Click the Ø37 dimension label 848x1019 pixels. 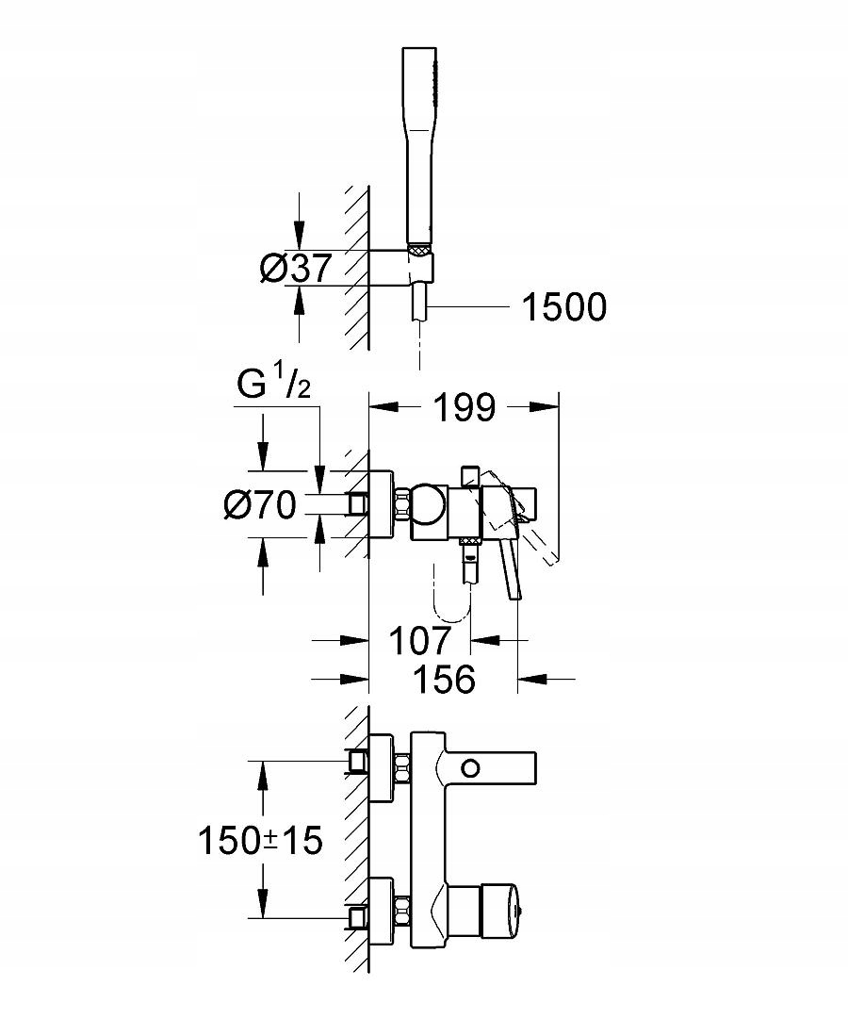[x=295, y=270]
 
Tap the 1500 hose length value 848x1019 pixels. [x=564, y=306]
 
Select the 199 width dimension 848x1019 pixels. [x=464, y=407]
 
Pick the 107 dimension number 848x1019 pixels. [x=420, y=641]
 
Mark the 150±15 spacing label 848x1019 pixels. [x=260, y=839]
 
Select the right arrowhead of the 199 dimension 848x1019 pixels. [x=546, y=407]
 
